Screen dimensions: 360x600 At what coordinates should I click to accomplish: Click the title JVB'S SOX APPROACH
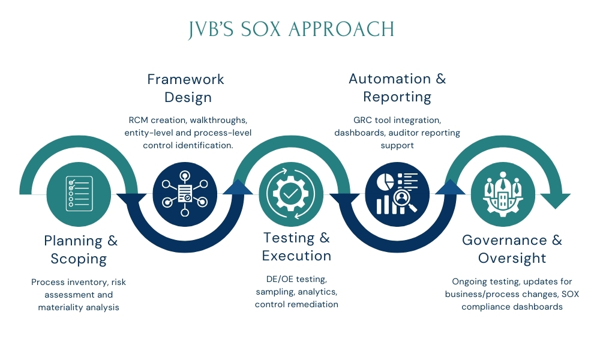pyautogui.click(x=292, y=29)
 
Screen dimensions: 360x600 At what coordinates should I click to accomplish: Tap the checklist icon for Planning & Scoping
pyautogui.click(x=79, y=192)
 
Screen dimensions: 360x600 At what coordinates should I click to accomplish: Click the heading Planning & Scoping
pyautogui.click(x=80, y=250)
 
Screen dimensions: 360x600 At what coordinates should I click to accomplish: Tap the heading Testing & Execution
pyautogui.click(x=296, y=246)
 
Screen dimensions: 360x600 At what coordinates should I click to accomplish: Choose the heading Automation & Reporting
pyautogui.click(x=397, y=88)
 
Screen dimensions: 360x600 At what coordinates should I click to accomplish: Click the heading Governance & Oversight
pyautogui.click(x=512, y=249)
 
